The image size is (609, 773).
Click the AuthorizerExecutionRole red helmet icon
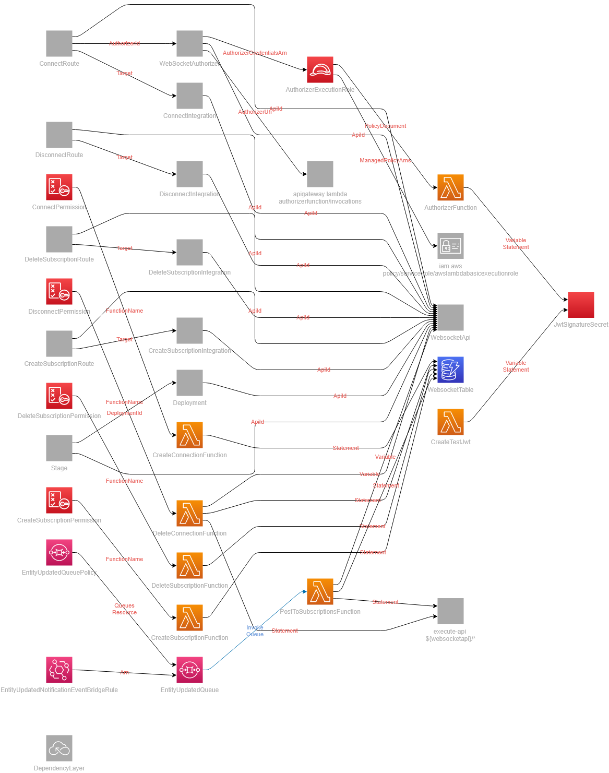(320, 70)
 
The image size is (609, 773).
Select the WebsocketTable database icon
(450, 370)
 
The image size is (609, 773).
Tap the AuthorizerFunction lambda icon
(450, 187)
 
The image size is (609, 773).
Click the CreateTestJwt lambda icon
(450, 422)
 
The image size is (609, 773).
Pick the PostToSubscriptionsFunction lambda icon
(320, 592)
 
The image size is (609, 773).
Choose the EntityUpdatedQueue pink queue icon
(189, 670)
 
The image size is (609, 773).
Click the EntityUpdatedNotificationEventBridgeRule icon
(59, 670)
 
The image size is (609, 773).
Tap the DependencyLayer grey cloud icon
(59, 748)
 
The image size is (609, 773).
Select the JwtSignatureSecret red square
(581, 305)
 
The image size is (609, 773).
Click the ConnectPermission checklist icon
(59, 187)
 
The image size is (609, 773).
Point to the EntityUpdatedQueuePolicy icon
(59, 553)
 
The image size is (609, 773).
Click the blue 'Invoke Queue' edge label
(255, 631)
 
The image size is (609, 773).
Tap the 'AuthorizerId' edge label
(124, 44)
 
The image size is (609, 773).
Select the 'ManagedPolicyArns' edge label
(385, 161)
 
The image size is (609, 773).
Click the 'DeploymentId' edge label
(124, 413)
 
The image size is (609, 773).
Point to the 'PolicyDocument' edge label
(385, 126)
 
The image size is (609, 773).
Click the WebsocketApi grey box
(450, 318)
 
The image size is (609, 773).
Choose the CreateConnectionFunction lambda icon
(189, 435)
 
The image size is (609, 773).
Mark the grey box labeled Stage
(59, 448)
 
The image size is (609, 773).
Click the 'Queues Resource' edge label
(124, 609)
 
